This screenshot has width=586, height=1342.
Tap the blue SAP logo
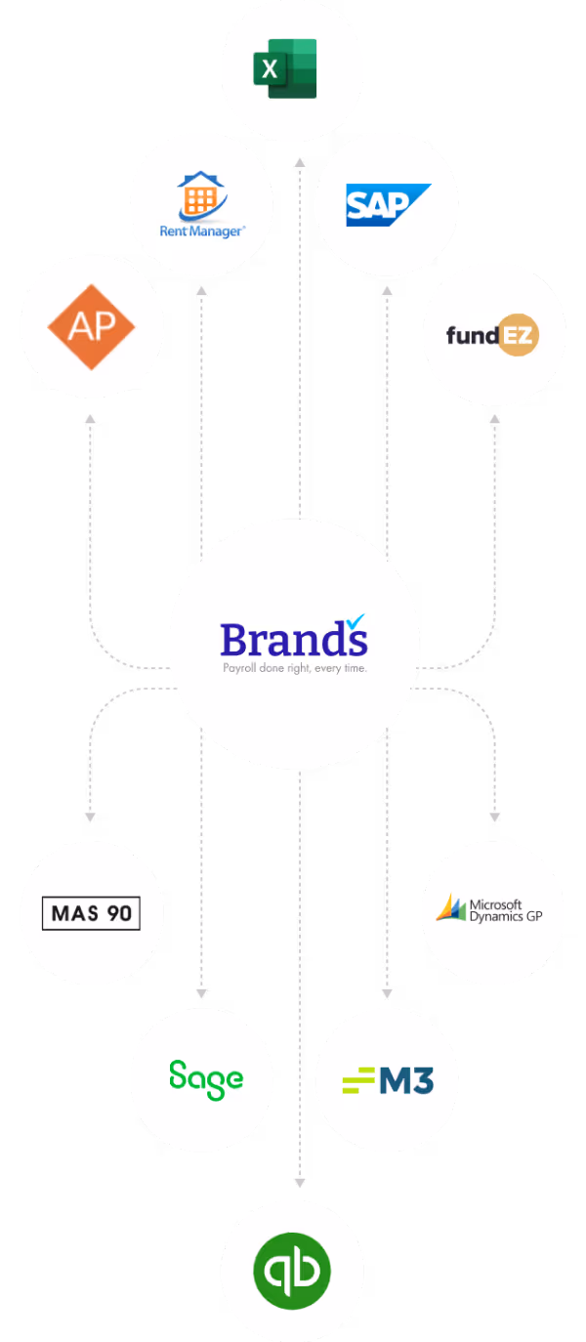click(387, 204)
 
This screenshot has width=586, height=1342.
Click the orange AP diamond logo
click(92, 327)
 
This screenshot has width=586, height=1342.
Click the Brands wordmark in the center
click(292, 640)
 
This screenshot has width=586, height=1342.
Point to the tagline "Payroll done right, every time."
click(294, 669)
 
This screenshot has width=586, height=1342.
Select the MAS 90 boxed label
click(92, 914)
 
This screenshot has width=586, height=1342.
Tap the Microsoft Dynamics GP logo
click(487, 910)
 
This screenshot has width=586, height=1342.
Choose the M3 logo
click(388, 1080)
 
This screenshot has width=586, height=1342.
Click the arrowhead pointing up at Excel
click(300, 160)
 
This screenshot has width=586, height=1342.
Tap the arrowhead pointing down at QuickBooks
click(300, 1183)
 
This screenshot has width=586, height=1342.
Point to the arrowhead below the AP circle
click(90, 418)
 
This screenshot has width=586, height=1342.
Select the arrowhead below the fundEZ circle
click(494, 418)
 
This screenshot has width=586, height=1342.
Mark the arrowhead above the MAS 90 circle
click(90, 816)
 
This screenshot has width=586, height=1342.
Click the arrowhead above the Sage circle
click(201, 993)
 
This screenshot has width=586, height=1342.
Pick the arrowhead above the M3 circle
click(387, 993)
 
